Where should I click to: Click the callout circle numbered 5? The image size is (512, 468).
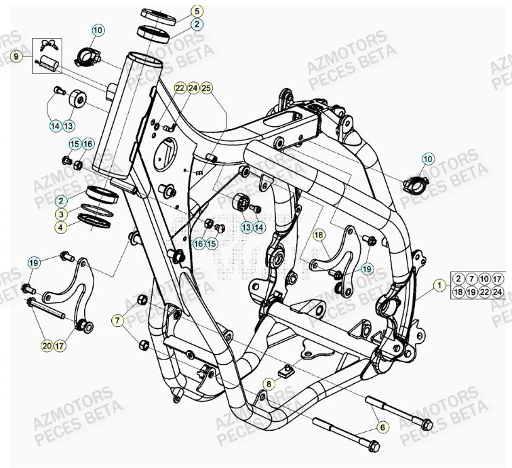[x=197, y=11]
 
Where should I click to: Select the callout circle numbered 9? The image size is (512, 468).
[x=16, y=57]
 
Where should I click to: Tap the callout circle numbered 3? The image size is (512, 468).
[x=61, y=214]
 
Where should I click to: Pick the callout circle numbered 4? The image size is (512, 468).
[x=61, y=228]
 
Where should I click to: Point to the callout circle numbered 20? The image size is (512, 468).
[x=46, y=346]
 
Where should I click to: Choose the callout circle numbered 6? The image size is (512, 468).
[x=382, y=427]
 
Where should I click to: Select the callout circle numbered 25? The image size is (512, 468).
[x=206, y=88]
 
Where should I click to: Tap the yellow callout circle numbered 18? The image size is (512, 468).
[x=319, y=235]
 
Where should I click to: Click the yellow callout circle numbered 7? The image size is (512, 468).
[x=119, y=319]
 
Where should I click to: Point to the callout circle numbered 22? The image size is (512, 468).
[x=179, y=88]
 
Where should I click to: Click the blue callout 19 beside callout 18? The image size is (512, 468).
[x=367, y=268]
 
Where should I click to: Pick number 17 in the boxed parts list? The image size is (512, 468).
[x=498, y=279]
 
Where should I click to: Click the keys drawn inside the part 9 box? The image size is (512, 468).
[x=48, y=45]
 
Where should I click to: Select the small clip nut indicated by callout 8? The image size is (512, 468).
[x=288, y=369]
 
